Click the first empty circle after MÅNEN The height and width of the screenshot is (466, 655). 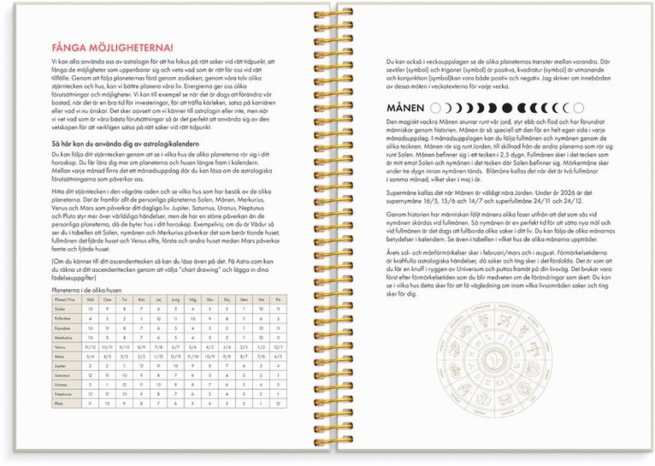click(x=435, y=109)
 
